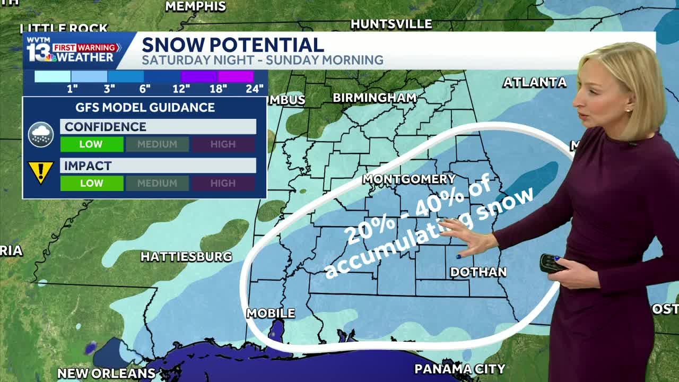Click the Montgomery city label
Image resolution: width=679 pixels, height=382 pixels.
409,179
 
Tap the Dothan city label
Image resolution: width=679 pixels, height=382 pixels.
478,272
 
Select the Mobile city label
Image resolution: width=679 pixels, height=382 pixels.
271,314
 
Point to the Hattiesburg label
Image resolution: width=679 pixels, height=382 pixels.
186,257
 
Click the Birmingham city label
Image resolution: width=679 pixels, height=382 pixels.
375,98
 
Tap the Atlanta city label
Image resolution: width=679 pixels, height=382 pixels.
534,82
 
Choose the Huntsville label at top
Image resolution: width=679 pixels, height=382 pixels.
391,24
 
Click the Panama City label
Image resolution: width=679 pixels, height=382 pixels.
459,369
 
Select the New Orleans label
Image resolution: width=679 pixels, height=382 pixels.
106,374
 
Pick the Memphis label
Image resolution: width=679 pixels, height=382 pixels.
196,6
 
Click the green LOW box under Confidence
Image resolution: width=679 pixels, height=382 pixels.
92,144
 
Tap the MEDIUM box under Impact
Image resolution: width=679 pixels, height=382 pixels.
157,184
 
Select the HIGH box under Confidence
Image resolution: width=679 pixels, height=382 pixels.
223,144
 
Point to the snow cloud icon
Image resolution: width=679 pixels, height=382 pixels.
41,134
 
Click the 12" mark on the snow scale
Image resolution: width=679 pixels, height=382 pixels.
181,89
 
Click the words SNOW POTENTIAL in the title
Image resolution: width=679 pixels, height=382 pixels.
232,45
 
